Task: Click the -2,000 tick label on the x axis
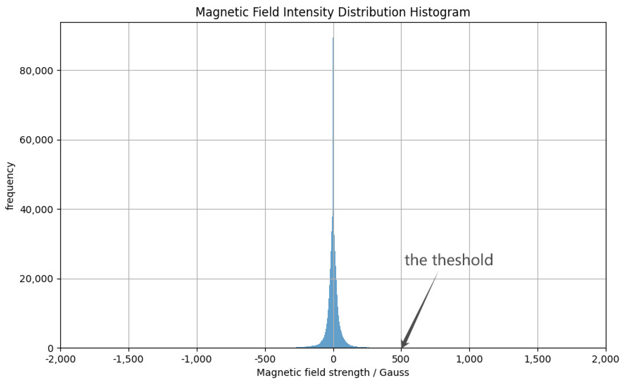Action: point(61,359)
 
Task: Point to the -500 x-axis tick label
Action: point(265,359)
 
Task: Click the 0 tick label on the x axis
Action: point(333,359)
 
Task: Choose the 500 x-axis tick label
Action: point(401,359)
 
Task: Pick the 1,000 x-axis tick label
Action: point(469,359)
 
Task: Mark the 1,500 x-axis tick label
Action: point(537,359)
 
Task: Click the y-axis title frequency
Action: point(10,186)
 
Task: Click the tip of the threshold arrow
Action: point(402,348)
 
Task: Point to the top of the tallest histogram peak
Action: point(333,38)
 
